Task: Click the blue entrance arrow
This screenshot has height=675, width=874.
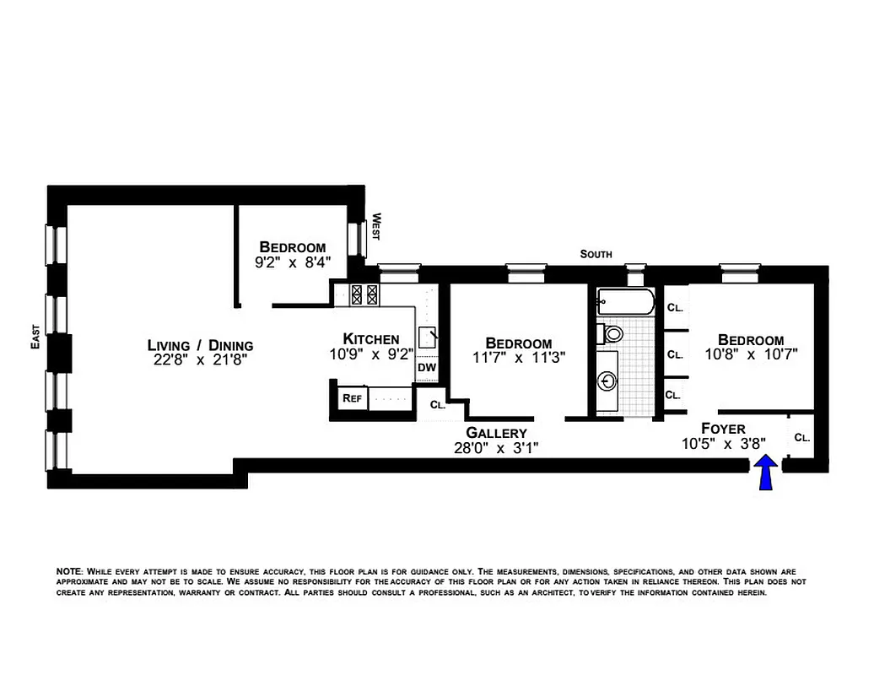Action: pyautogui.click(x=766, y=473)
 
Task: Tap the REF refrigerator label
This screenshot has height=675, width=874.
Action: pyautogui.click(x=351, y=398)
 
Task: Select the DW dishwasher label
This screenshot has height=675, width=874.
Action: pyautogui.click(x=426, y=368)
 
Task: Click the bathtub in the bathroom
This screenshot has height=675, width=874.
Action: pyautogui.click(x=624, y=303)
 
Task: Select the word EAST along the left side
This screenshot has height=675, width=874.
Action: pyautogui.click(x=35, y=337)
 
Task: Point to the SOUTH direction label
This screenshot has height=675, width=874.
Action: pyautogui.click(x=596, y=254)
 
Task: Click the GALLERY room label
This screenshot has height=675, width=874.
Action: pyautogui.click(x=496, y=433)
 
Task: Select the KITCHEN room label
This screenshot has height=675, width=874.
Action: pyautogui.click(x=371, y=339)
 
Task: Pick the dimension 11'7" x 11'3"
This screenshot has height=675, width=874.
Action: pyautogui.click(x=518, y=357)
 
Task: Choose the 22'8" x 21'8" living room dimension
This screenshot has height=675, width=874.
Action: pyautogui.click(x=200, y=360)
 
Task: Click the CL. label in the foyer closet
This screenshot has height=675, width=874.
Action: pyautogui.click(x=802, y=438)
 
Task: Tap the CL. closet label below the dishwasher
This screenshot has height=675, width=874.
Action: pyautogui.click(x=437, y=404)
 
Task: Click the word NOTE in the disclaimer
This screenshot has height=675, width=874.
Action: pyautogui.click(x=69, y=571)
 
